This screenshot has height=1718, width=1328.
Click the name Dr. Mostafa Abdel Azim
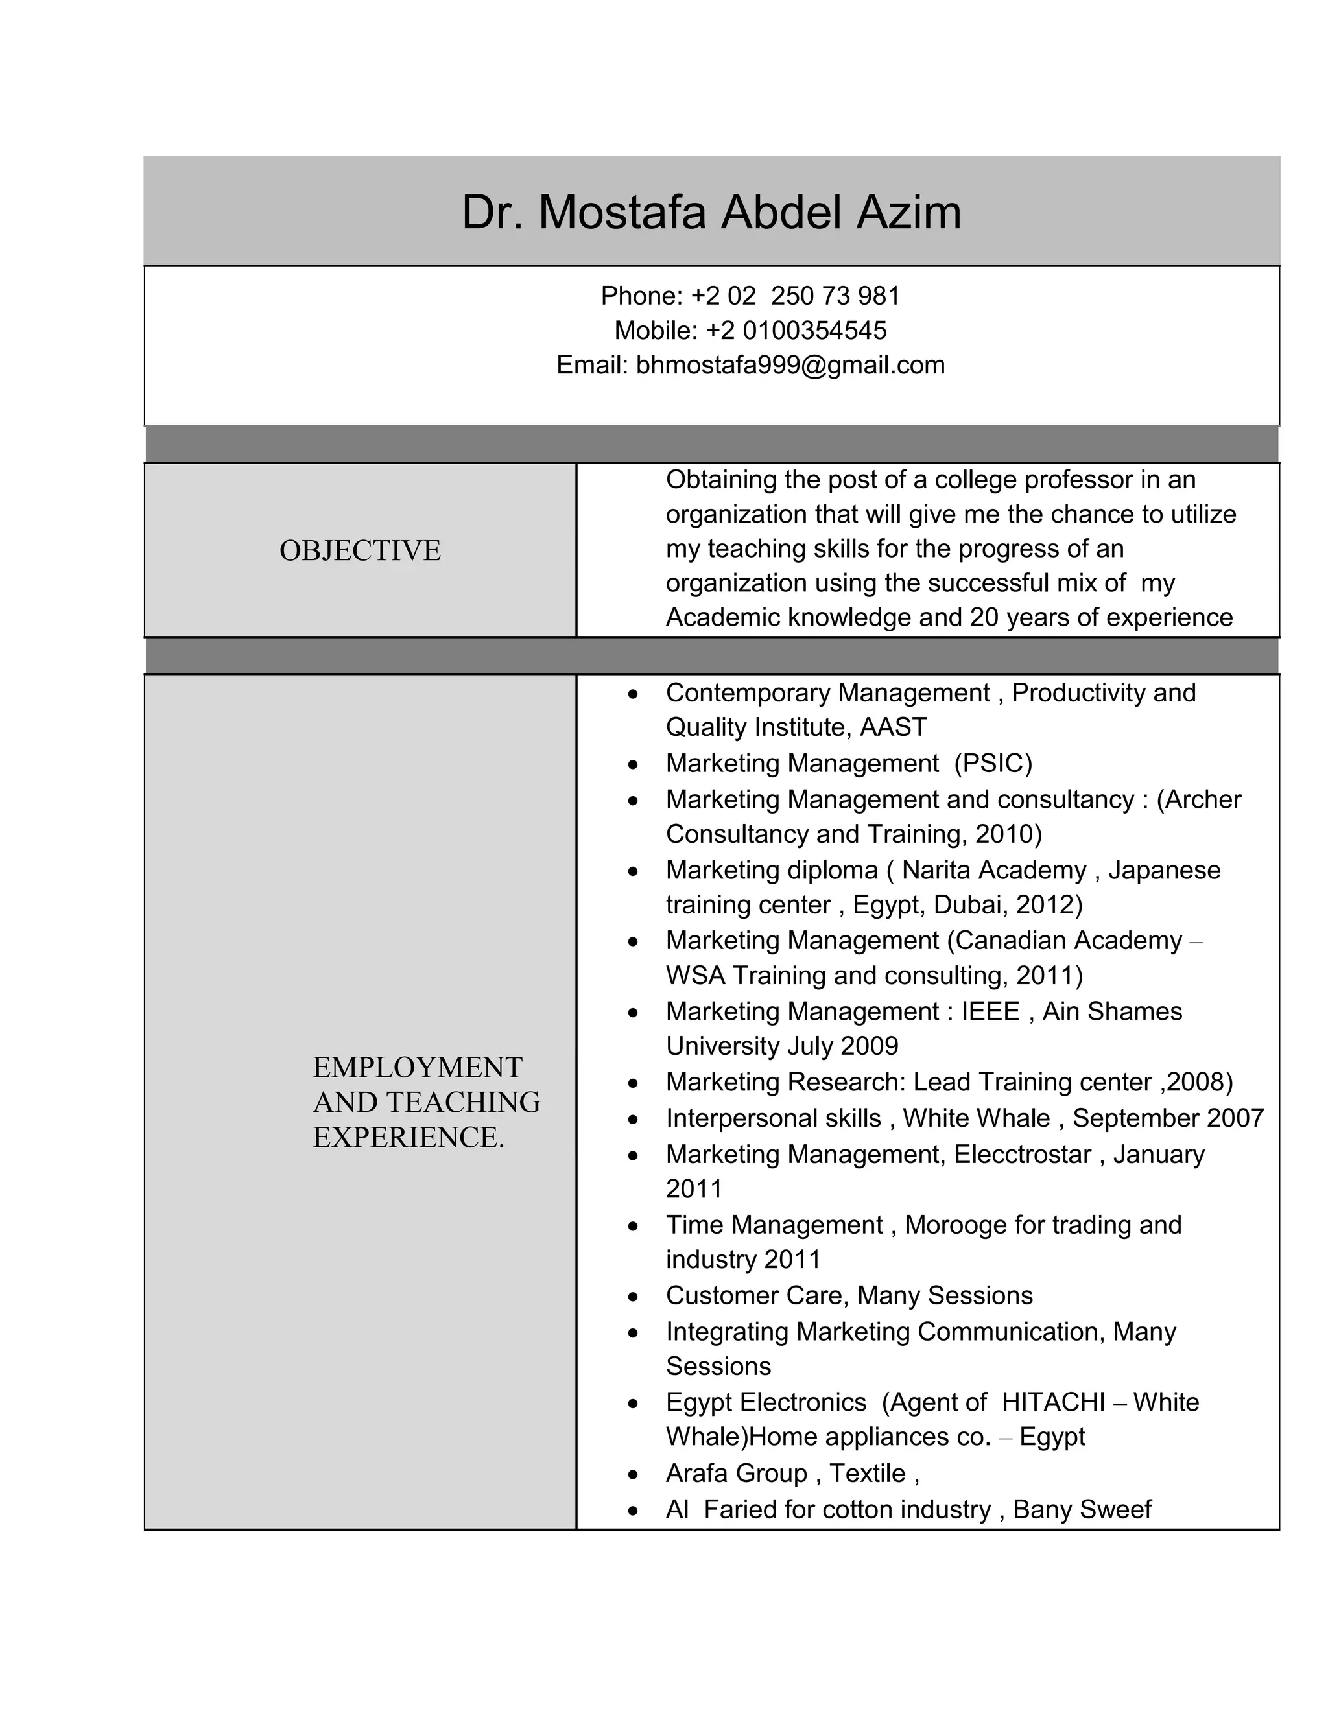coord(711,213)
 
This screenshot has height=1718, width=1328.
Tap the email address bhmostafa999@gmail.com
coord(790,365)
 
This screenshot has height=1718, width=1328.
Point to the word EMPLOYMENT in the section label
coord(417,1068)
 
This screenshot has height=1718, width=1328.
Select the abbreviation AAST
coord(893,727)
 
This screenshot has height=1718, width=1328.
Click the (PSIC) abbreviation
coord(993,763)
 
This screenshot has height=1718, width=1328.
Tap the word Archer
coord(1203,799)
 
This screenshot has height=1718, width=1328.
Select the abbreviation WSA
coord(696,976)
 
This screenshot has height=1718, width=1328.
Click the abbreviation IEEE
coord(991,1011)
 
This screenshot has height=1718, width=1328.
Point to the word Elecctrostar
coord(1022,1154)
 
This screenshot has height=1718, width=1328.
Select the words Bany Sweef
coord(1082,1509)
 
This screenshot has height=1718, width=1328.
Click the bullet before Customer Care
coord(634,1297)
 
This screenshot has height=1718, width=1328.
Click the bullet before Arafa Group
coord(634,1474)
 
